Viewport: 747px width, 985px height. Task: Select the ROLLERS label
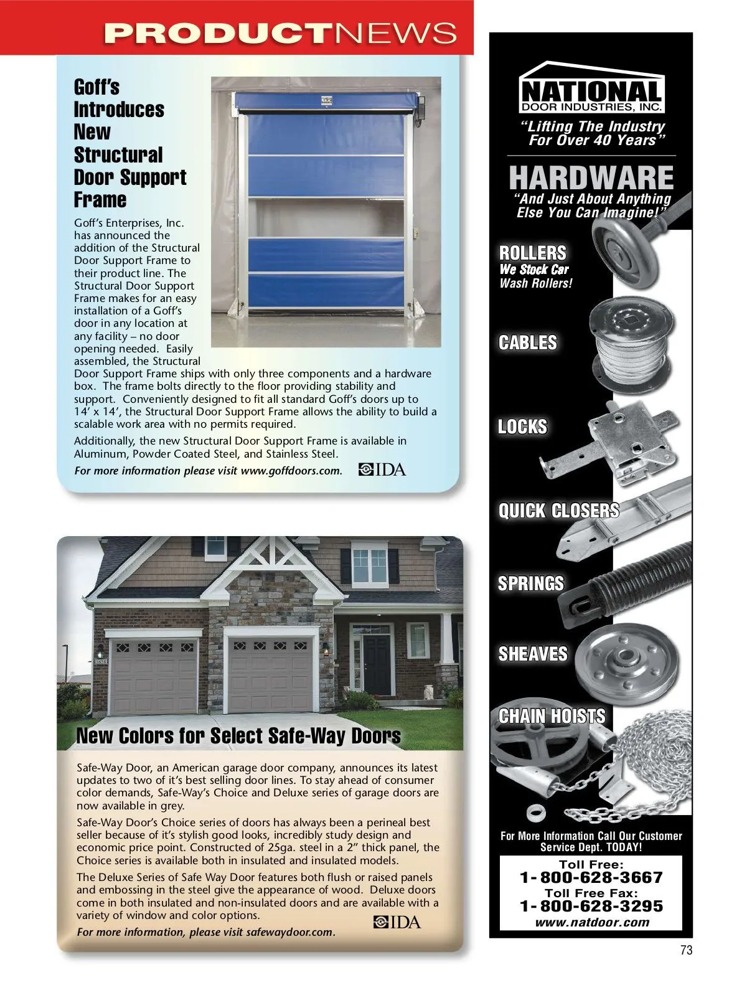(x=533, y=253)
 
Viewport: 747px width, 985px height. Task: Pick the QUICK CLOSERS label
(x=558, y=511)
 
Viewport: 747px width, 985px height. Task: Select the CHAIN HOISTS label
(x=552, y=716)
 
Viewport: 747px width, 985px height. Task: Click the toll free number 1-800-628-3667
(x=591, y=878)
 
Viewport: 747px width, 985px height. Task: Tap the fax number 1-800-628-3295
(x=591, y=907)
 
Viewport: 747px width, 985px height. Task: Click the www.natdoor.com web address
(x=591, y=923)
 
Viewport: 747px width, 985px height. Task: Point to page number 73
(x=686, y=950)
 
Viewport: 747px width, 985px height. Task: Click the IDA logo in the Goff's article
(x=382, y=469)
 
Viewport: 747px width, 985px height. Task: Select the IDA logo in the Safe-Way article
(x=397, y=922)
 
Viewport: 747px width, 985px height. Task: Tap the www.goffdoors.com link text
(x=291, y=471)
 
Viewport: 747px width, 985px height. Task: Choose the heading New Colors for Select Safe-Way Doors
(x=238, y=736)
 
